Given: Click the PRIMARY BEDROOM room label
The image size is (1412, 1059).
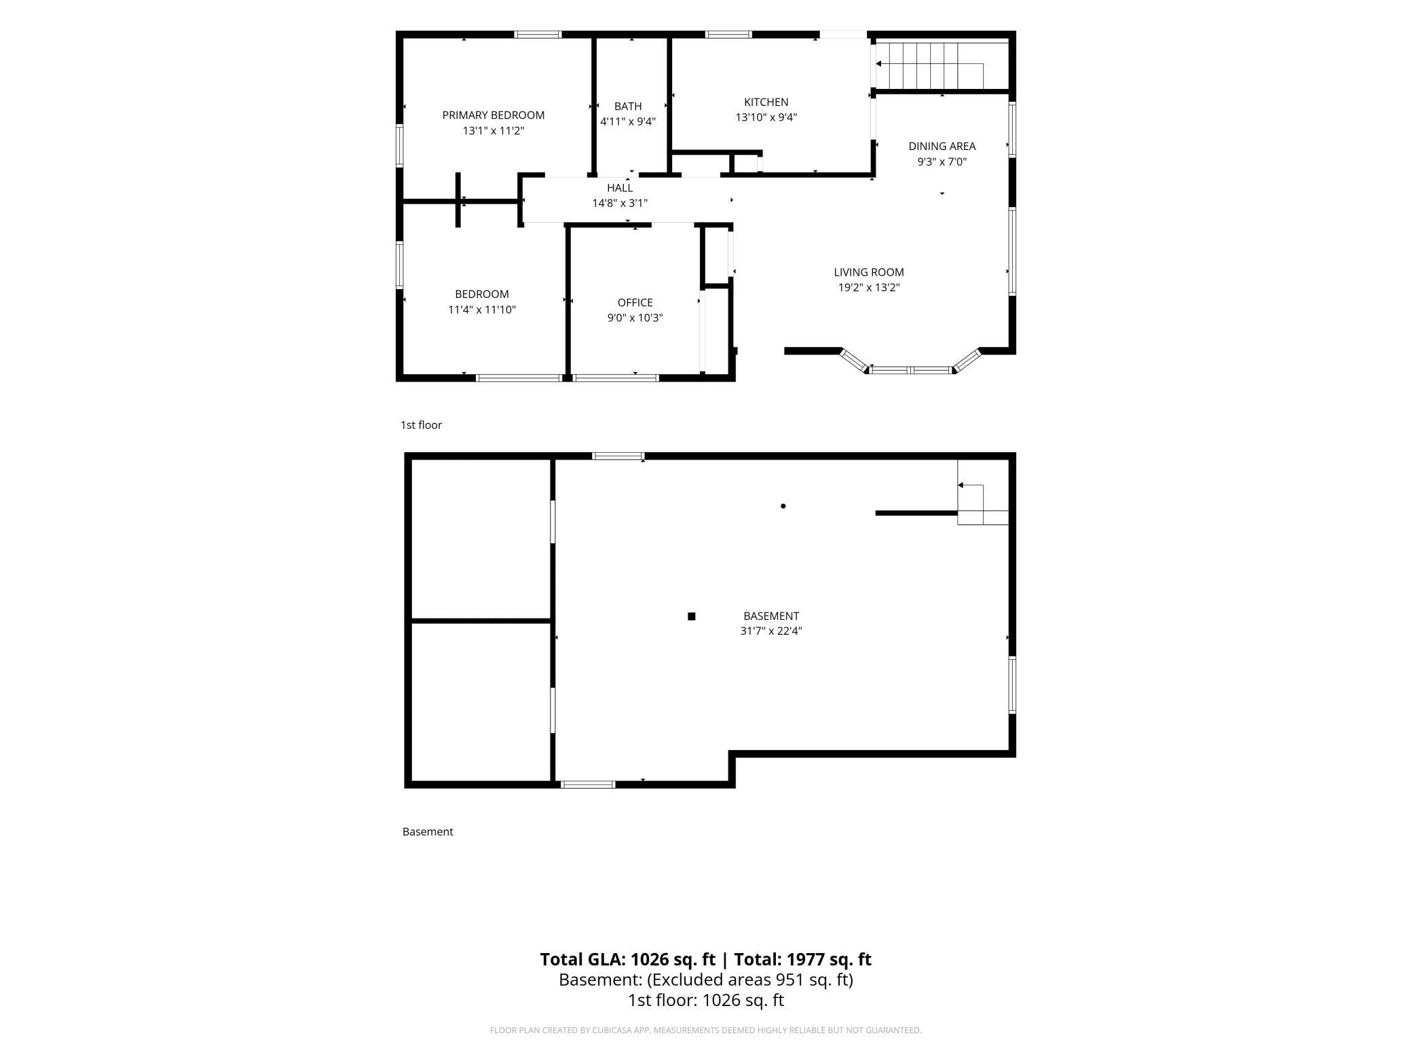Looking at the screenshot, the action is coord(494,115).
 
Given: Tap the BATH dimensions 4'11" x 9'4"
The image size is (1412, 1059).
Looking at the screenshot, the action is coord(628,122).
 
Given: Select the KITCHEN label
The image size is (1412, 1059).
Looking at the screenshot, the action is coord(766,102).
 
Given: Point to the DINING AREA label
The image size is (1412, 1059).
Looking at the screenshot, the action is coord(942,146).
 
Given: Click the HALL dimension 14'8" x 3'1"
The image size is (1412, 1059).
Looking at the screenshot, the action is coord(620,203).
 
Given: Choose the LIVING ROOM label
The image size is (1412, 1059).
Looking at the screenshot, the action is coord(869,272).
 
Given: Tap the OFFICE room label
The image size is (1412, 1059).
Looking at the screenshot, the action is coord(635,303).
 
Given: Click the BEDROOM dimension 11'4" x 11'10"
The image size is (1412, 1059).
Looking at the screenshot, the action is coord(482,310).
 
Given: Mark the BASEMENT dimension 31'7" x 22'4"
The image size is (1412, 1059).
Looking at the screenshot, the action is coord(771,631).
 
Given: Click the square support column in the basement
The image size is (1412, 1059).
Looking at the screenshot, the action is coord(692,616).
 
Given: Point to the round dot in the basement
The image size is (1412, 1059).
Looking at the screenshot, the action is coord(783,506).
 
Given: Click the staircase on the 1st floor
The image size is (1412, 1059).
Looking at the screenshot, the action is coord(942,65).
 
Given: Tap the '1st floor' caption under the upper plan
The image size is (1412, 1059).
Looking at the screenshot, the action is coord(421,425).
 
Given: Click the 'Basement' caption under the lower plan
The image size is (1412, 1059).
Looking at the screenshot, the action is coord(428,832).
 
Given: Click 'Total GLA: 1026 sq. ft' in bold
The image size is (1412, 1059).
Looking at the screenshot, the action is coord(628,959).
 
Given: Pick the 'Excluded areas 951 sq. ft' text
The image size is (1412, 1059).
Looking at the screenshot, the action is coord(749,980).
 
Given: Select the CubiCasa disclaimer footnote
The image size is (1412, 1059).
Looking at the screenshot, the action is coord(706,1030).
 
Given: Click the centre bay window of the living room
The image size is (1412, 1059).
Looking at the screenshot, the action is coord(911,371).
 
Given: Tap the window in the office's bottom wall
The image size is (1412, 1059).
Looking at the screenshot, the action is coord(616,378).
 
